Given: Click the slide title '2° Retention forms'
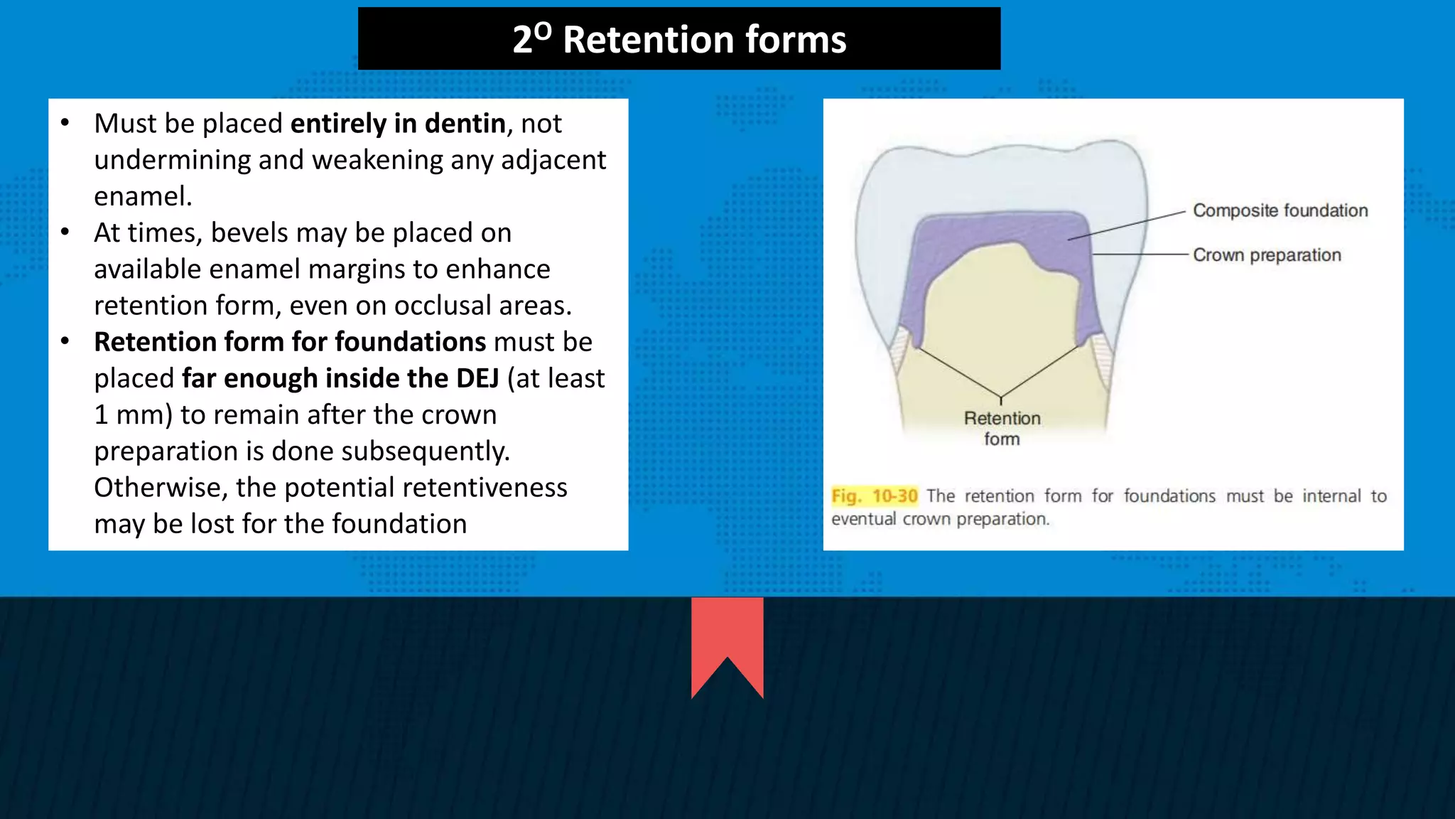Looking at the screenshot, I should point(679,39).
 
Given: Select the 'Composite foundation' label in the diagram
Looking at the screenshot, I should point(1280,210).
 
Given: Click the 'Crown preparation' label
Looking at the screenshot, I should point(1267,255).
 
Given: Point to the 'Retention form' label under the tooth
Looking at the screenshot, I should point(1002,428).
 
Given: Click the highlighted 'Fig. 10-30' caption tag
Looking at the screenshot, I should point(875,496).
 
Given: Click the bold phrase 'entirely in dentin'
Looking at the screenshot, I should point(398,124).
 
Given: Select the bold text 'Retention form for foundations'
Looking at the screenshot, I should point(290,342).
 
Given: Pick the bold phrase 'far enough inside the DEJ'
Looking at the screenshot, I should point(340,378).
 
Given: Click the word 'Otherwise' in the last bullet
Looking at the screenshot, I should point(161,488).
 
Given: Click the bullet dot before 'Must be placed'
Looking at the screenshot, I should point(65,123).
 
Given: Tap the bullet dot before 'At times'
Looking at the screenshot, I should point(65,232).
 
